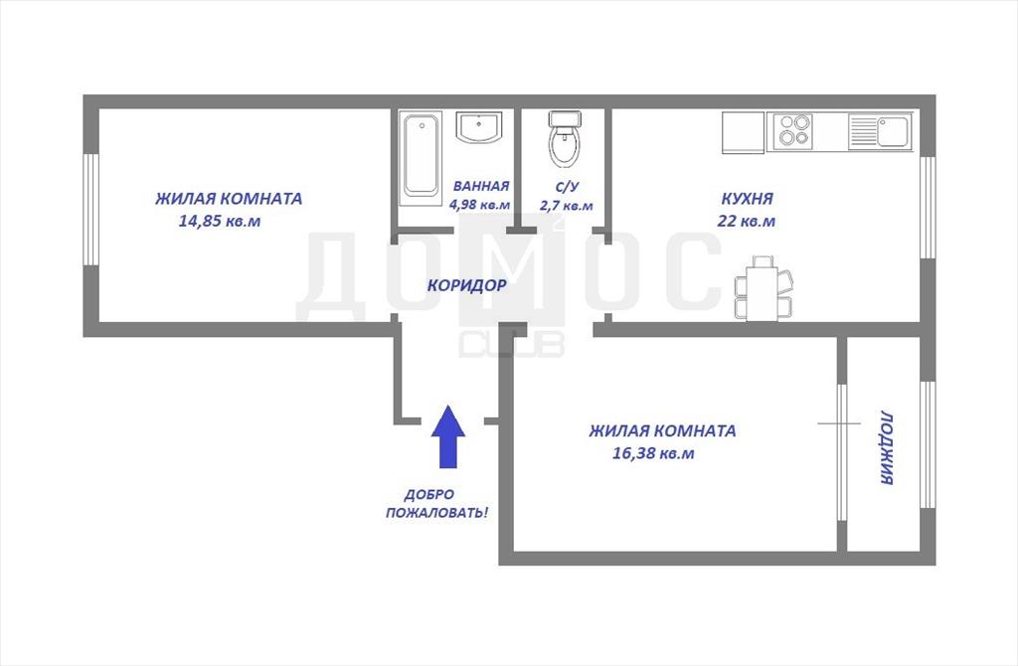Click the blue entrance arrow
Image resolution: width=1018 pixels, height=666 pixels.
448,436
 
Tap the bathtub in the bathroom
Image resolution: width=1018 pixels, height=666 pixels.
421,155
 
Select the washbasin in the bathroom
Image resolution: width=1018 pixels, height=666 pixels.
479,127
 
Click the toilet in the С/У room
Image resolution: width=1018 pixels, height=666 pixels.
565,138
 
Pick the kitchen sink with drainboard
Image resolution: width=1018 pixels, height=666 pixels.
881,131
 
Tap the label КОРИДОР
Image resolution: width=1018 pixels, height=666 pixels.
466,285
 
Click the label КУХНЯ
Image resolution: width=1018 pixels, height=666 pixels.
748,198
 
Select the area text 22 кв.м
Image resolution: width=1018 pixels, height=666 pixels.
746,221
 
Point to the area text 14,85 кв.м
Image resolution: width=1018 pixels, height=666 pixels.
220,222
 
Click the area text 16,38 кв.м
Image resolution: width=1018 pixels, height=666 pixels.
653,453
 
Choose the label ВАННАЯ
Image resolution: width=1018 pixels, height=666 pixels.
481,186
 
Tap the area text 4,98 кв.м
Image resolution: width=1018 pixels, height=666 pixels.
480,205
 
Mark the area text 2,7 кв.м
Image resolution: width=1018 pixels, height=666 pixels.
566,206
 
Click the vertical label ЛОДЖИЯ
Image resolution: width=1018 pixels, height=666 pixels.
888,447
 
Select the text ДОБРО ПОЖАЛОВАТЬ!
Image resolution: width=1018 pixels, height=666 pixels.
437,504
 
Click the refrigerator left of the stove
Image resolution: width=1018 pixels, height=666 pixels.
744,132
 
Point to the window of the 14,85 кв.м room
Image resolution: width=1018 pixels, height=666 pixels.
90,209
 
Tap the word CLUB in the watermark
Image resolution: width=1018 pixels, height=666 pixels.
512,345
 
